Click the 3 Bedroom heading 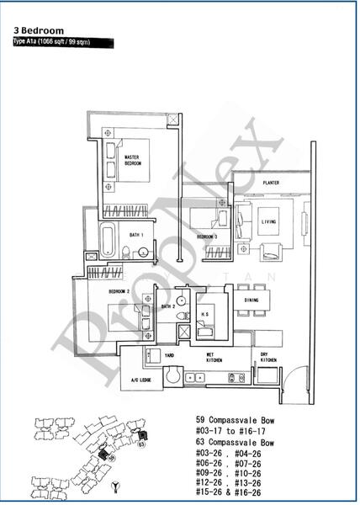pyautogui.click(x=39, y=30)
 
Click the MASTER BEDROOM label pyautogui.click(x=133, y=160)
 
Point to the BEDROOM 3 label pyautogui.click(x=208, y=237)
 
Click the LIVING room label pyautogui.click(x=269, y=222)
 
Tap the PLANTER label pyautogui.click(x=270, y=182)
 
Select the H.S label pyautogui.click(x=205, y=312)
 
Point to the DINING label pyautogui.click(x=251, y=300)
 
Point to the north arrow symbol pyautogui.click(x=114, y=486)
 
